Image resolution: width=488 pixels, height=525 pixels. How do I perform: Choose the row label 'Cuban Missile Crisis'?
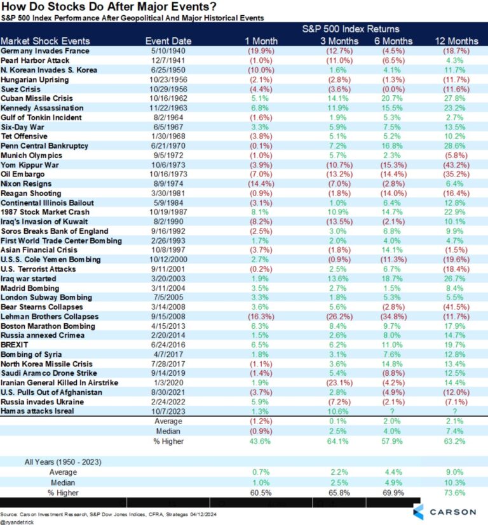37,98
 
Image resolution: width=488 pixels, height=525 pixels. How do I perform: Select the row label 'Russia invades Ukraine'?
42,402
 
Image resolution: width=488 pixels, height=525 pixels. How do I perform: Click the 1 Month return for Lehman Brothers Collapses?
261,317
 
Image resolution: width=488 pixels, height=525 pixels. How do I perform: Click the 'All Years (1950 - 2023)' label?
46,461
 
